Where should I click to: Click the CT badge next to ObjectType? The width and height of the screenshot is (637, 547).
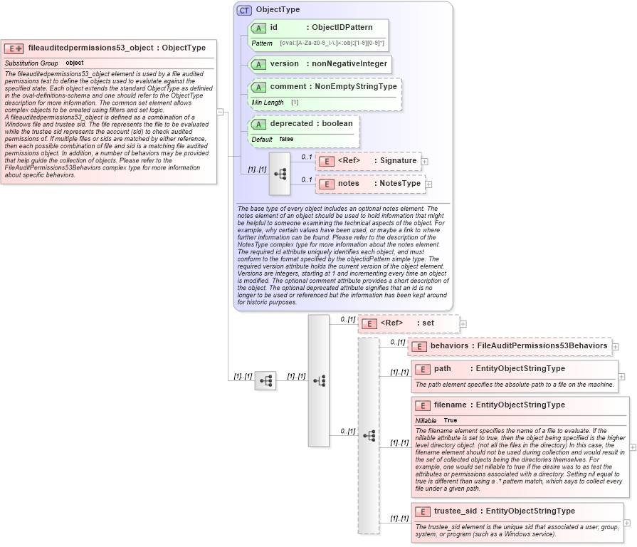(x=244, y=10)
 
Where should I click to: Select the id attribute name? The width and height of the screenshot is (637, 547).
(x=273, y=27)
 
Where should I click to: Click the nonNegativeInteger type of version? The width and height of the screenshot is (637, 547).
(x=349, y=63)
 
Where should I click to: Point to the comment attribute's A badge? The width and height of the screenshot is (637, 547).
(x=258, y=87)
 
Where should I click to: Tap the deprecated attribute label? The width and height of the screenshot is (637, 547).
(x=291, y=123)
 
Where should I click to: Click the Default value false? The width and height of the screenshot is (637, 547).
(x=286, y=139)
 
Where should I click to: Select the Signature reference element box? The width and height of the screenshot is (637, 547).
(x=369, y=161)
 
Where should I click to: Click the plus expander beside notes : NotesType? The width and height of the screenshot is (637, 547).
(x=430, y=184)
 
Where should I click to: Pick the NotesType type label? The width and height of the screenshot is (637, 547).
(x=400, y=183)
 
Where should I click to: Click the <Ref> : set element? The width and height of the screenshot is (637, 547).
(x=409, y=323)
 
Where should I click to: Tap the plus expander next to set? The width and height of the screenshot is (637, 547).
(x=463, y=323)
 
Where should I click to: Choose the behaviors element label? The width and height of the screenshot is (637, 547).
(x=449, y=346)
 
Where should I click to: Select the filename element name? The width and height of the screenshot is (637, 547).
(x=450, y=405)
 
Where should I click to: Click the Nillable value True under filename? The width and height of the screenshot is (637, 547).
(x=451, y=420)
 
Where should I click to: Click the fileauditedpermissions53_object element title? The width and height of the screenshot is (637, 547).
(x=90, y=48)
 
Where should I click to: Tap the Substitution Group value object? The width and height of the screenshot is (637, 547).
(x=74, y=63)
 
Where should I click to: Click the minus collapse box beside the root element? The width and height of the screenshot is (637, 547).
(x=221, y=112)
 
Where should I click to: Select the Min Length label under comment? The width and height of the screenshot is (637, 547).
(x=268, y=103)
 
